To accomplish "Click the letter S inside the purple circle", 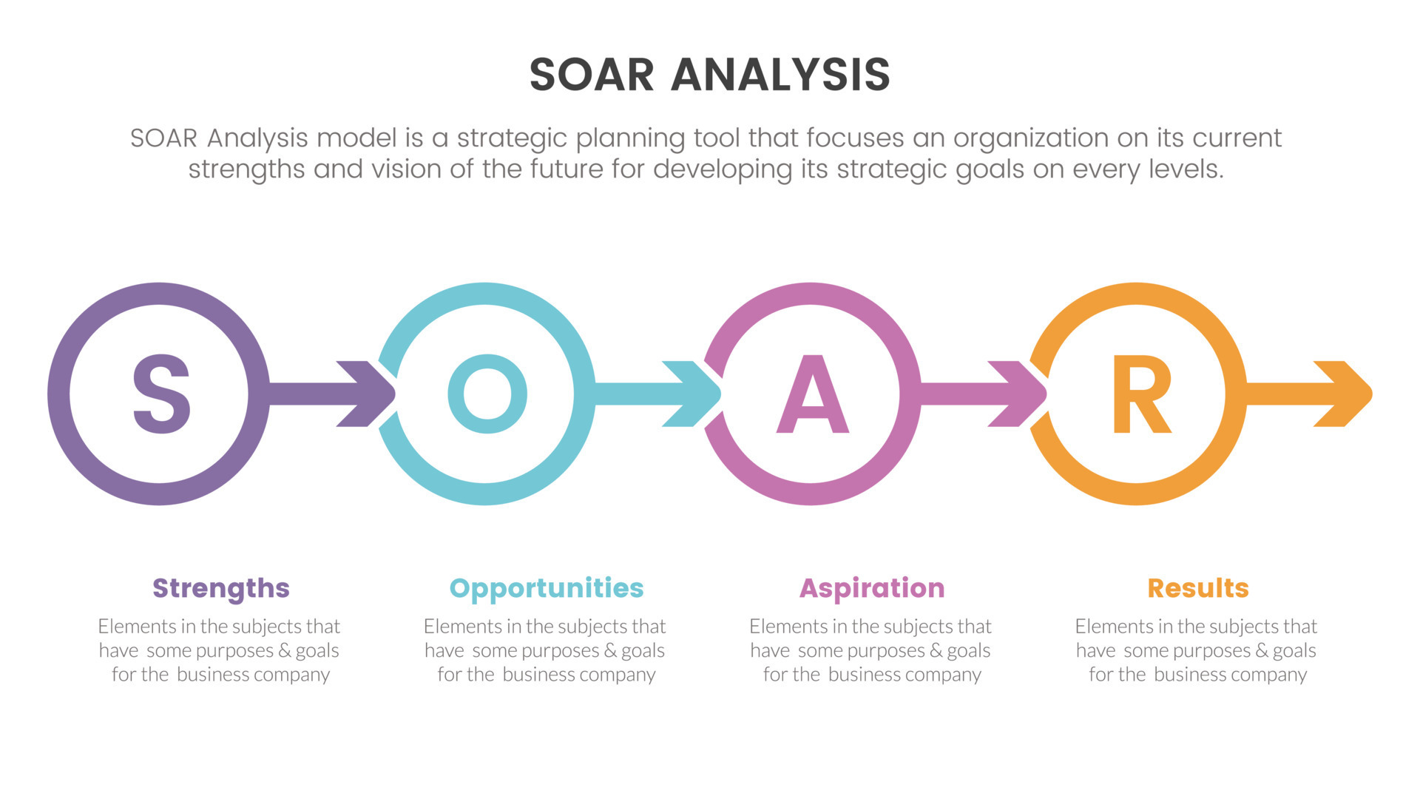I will pyautogui.click(x=161, y=394).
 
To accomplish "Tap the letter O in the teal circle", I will pyautogui.click(x=487, y=394).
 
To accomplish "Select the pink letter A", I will pyautogui.click(x=812, y=394).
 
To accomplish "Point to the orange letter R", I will pyautogui.click(x=1141, y=394).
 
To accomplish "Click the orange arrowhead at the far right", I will pyautogui.click(x=1345, y=394).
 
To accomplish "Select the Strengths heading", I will pyautogui.click(x=220, y=589).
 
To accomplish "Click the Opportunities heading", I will pyautogui.click(x=547, y=589).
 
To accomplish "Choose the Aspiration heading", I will pyautogui.click(x=872, y=589).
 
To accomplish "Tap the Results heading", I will pyautogui.click(x=1197, y=589).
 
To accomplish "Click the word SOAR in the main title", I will pyautogui.click(x=592, y=75).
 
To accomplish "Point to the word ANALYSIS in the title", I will pyautogui.click(x=780, y=75).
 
